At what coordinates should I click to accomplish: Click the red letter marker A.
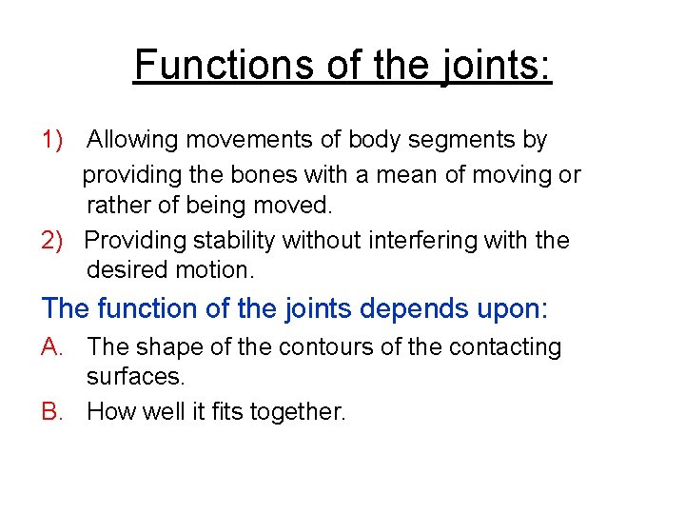tap(52, 347)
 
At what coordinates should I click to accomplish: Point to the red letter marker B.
tap(52, 412)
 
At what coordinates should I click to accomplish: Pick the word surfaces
tap(136, 376)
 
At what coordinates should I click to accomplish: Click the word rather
tap(115, 205)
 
